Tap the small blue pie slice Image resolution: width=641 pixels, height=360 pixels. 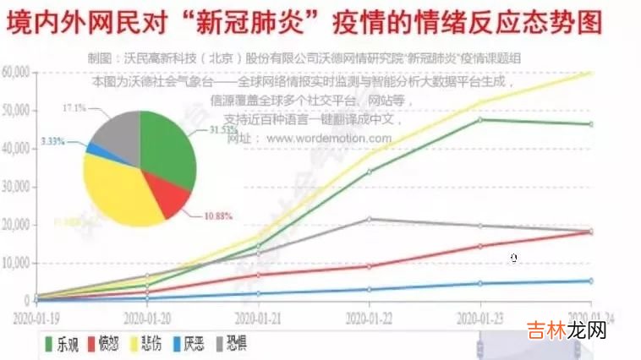96,150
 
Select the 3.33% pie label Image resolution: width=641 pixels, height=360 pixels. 53,142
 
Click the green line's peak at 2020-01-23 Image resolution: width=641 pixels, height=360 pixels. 480,119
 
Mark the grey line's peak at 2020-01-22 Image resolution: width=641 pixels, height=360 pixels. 369,219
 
